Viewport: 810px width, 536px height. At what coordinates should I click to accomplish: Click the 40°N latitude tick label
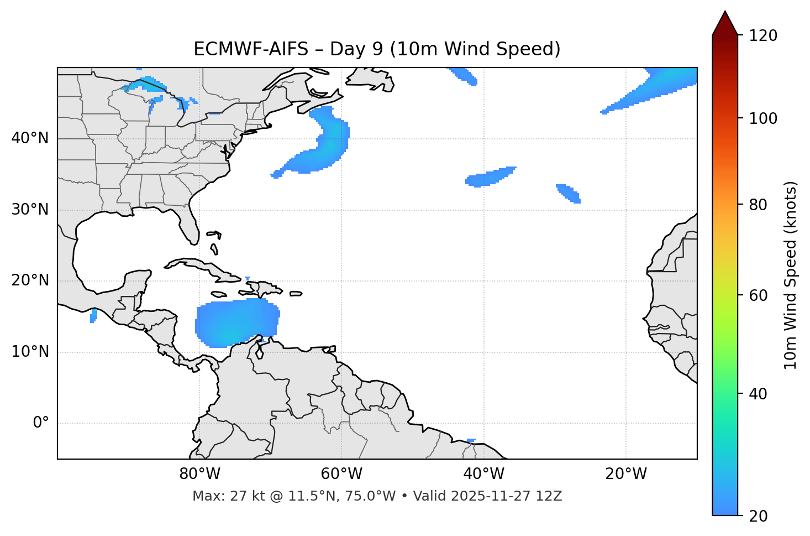pyautogui.click(x=30, y=138)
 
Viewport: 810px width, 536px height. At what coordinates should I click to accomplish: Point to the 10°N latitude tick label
pyautogui.click(x=30, y=352)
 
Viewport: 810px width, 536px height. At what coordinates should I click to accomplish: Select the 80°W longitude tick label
pyautogui.click(x=199, y=474)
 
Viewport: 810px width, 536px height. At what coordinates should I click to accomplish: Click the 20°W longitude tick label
pyautogui.click(x=626, y=474)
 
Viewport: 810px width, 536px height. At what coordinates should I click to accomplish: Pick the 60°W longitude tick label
pyautogui.click(x=341, y=474)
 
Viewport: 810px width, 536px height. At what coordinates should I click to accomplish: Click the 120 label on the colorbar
pyautogui.click(x=764, y=36)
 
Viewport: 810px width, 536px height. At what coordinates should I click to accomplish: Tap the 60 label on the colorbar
pyautogui.click(x=760, y=295)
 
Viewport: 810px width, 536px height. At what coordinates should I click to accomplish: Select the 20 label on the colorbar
pyautogui.click(x=760, y=516)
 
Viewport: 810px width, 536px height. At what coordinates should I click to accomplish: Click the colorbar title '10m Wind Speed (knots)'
pyautogui.click(x=791, y=275)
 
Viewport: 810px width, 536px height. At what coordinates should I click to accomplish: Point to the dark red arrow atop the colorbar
pyautogui.click(x=725, y=23)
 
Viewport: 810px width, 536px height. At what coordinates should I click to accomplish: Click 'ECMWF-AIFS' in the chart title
pyautogui.click(x=250, y=49)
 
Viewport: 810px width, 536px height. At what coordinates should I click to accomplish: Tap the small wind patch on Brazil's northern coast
pyautogui.click(x=471, y=440)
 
